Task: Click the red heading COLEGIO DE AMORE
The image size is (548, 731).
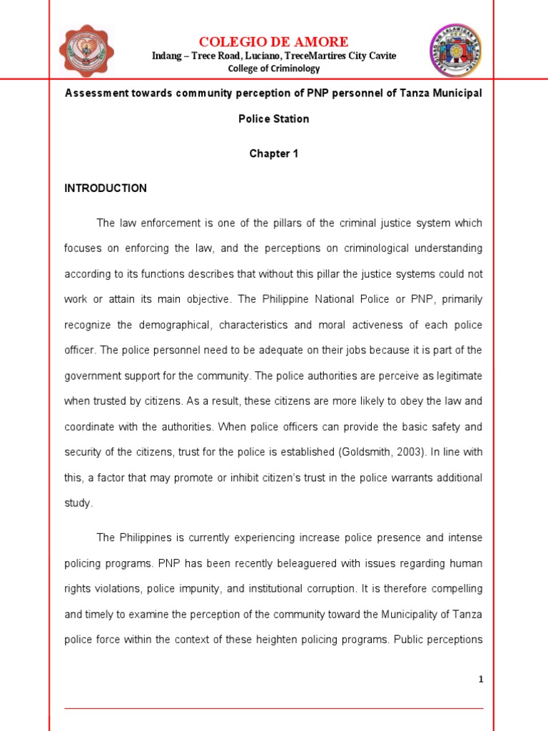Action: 274,41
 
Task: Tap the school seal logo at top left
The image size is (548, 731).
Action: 86,51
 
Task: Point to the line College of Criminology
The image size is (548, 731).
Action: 274,69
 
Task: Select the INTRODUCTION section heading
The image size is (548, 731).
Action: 106,188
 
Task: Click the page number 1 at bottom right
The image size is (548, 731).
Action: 481,680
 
